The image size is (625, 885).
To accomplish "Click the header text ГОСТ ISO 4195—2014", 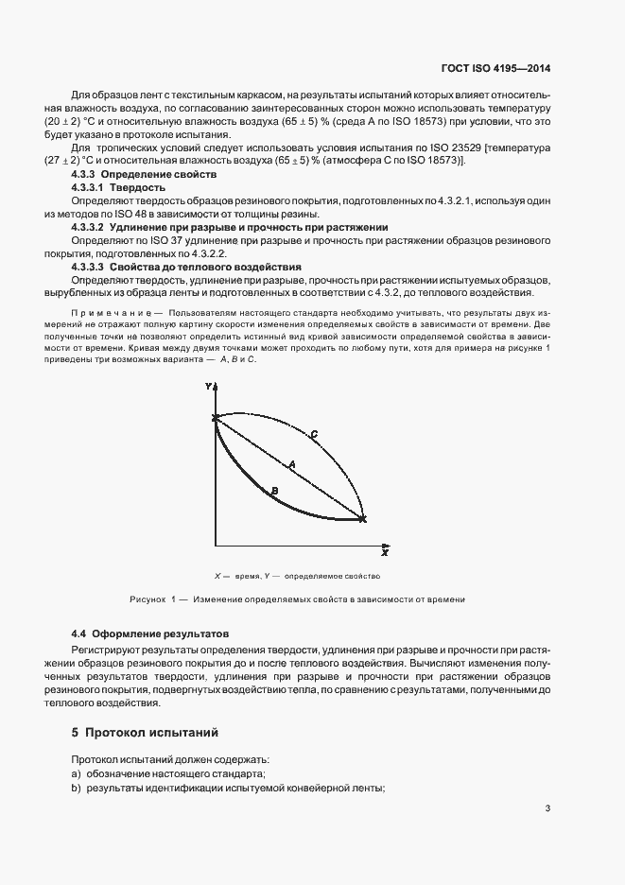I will tap(495, 68).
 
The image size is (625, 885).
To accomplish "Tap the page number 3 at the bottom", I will tap(548, 808).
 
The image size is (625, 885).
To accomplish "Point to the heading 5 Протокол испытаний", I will tap(145, 732).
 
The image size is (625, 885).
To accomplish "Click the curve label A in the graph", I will tap(292, 464).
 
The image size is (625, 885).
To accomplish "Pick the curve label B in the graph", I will tap(273, 490).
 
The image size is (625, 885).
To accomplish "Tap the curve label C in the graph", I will tap(313, 433).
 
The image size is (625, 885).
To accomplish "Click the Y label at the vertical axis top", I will tap(208, 388).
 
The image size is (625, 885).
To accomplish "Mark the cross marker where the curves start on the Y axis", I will tap(216, 417).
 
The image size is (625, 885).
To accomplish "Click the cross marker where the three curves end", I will tap(362, 518).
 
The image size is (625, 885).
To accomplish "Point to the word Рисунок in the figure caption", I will tap(147, 599).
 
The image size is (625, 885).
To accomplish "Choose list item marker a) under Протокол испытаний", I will tap(77, 774).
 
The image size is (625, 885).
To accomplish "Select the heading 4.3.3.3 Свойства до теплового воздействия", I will tap(186, 268).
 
